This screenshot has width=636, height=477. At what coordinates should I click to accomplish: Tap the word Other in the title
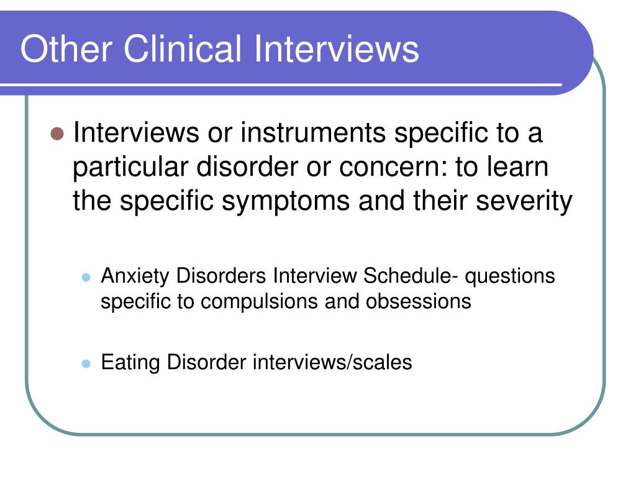[x=66, y=48]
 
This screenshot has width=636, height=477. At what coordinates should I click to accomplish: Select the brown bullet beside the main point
[x=57, y=134]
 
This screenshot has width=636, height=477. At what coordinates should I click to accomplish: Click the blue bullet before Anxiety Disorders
[x=86, y=278]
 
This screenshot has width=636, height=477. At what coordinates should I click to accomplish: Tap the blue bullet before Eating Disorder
[x=86, y=363]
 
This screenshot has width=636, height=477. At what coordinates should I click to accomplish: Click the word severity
[x=524, y=201]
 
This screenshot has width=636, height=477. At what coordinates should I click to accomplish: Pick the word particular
[x=130, y=168]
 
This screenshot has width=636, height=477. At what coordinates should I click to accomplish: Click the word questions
[x=510, y=277]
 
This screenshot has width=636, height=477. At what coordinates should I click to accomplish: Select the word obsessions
[x=418, y=302]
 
